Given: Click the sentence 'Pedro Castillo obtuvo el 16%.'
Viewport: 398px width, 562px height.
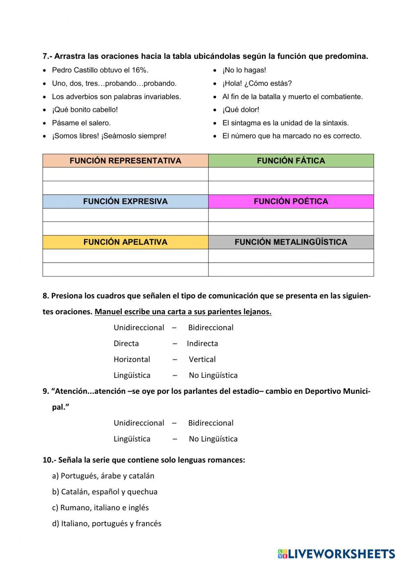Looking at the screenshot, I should click(100, 70).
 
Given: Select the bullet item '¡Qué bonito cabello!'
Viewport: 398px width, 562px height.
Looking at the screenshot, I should click(85, 110).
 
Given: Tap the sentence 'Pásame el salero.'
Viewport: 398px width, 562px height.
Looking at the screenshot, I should click(81, 123).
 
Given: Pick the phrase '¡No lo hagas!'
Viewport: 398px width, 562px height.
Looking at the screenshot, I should click(244, 70).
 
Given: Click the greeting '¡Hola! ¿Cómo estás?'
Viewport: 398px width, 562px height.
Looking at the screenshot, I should click(257, 84).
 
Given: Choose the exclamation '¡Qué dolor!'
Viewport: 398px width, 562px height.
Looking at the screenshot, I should click(240, 110).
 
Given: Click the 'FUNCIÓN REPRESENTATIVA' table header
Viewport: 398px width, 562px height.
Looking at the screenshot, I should click(125, 161).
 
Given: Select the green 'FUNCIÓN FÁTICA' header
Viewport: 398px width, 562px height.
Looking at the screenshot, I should click(291, 161).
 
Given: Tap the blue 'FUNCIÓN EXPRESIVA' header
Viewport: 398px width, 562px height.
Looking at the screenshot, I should click(125, 201).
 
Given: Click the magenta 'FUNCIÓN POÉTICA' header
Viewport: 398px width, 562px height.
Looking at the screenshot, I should click(291, 201).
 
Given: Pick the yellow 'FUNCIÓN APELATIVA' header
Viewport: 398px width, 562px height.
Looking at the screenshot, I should click(125, 242).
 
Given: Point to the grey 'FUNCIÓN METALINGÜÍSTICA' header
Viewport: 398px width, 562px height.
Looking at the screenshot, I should click(291, 242).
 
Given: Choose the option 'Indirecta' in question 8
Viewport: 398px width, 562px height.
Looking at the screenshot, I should click(202, 344).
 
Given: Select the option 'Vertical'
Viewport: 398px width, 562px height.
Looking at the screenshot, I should click(202, 360).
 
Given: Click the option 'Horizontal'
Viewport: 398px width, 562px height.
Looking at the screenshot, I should click(132, 360).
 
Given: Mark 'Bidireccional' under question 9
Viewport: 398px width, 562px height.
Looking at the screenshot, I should click(211, 423).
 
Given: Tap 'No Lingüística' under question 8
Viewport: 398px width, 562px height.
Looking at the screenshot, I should click(213, 375).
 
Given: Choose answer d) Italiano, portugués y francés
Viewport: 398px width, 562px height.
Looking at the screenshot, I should click(107, 524).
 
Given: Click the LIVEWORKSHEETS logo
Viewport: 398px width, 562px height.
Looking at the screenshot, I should click(336, 554).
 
